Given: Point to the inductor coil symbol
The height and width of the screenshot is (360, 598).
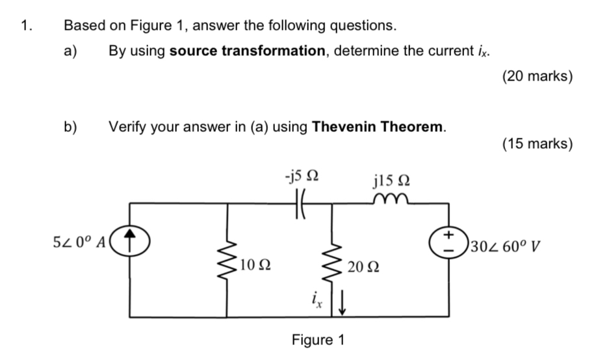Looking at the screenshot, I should point(389,199).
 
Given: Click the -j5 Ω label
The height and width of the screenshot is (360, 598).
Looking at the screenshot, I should point(300,175).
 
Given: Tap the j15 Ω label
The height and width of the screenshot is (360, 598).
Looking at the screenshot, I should point(392,179).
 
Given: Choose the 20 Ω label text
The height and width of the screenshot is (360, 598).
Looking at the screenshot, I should point(363,266).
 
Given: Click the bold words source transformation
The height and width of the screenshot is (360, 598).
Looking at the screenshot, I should point(247,51).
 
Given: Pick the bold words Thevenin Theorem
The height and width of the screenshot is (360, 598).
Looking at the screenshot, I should point(379,126).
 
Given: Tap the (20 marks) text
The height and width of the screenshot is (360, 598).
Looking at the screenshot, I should point(538,77).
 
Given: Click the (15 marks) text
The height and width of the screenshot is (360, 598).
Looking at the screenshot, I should point(538,143).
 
